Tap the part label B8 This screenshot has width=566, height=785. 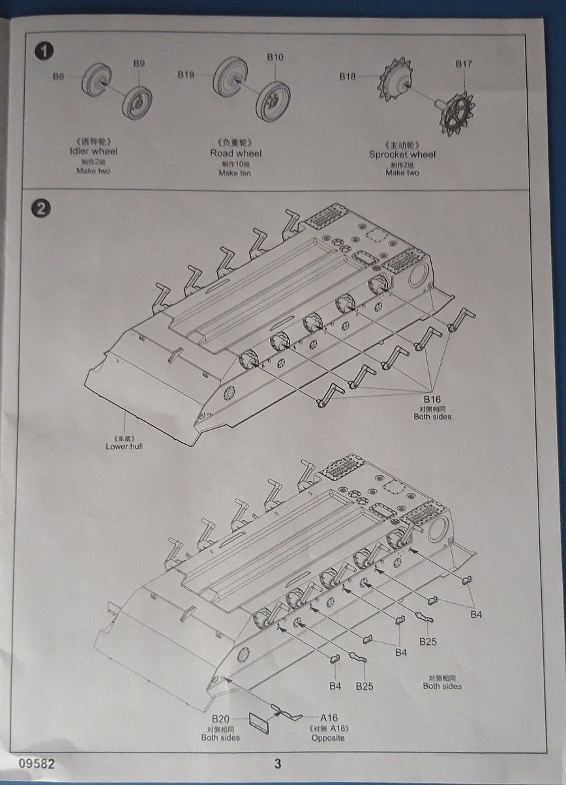[x=59, y=76]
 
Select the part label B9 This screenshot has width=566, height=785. [x=139, y=63]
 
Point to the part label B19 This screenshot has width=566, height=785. [x=186, y=75]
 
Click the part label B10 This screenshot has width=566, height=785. [x=275, y=57]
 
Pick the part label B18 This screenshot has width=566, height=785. [x=348, y=76]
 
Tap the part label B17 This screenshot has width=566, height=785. [x=464, y=64]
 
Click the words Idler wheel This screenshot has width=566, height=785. [x=93, y=151]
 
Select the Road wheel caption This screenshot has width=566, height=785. [x=235, y=153]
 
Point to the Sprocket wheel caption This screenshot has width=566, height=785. [x=402, y=155]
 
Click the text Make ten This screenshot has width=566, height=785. [x=235, y=173]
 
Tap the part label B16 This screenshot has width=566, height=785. [x=432, y=399]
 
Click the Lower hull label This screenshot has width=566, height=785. [x=124, y=446]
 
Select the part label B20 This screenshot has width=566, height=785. [x=220, y=718]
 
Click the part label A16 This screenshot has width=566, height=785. [x=329, y=718]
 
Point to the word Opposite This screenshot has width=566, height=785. [x=327, y=738]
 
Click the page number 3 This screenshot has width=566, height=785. [x=277, y=763]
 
